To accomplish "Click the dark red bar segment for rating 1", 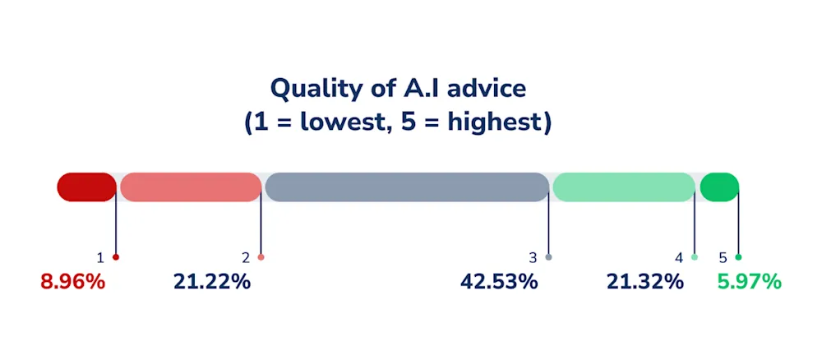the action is pos(86,187).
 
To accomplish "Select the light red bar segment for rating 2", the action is pos(191,187).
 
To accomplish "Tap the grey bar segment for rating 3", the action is pos(408,187).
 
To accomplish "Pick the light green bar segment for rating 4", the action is pos(624,187).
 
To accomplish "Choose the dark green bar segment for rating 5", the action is pos(719,187).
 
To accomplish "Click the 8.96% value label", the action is pos(73,282).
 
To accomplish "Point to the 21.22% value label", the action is pos(212,282).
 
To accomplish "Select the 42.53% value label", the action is pos(499,282).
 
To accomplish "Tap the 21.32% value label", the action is pos(645,282).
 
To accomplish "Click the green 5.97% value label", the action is pos(749,282).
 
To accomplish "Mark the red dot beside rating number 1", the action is pos(116,257).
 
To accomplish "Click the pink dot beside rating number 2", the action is pos(261,257).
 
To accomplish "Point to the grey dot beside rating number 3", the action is pos(549,257).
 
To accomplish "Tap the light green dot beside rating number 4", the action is pos(695,257).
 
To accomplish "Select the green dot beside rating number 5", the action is pos(739,257).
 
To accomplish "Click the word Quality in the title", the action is pos(316,90).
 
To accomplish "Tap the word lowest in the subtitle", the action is pos(346,124).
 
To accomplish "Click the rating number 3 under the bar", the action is pos(533,258).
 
